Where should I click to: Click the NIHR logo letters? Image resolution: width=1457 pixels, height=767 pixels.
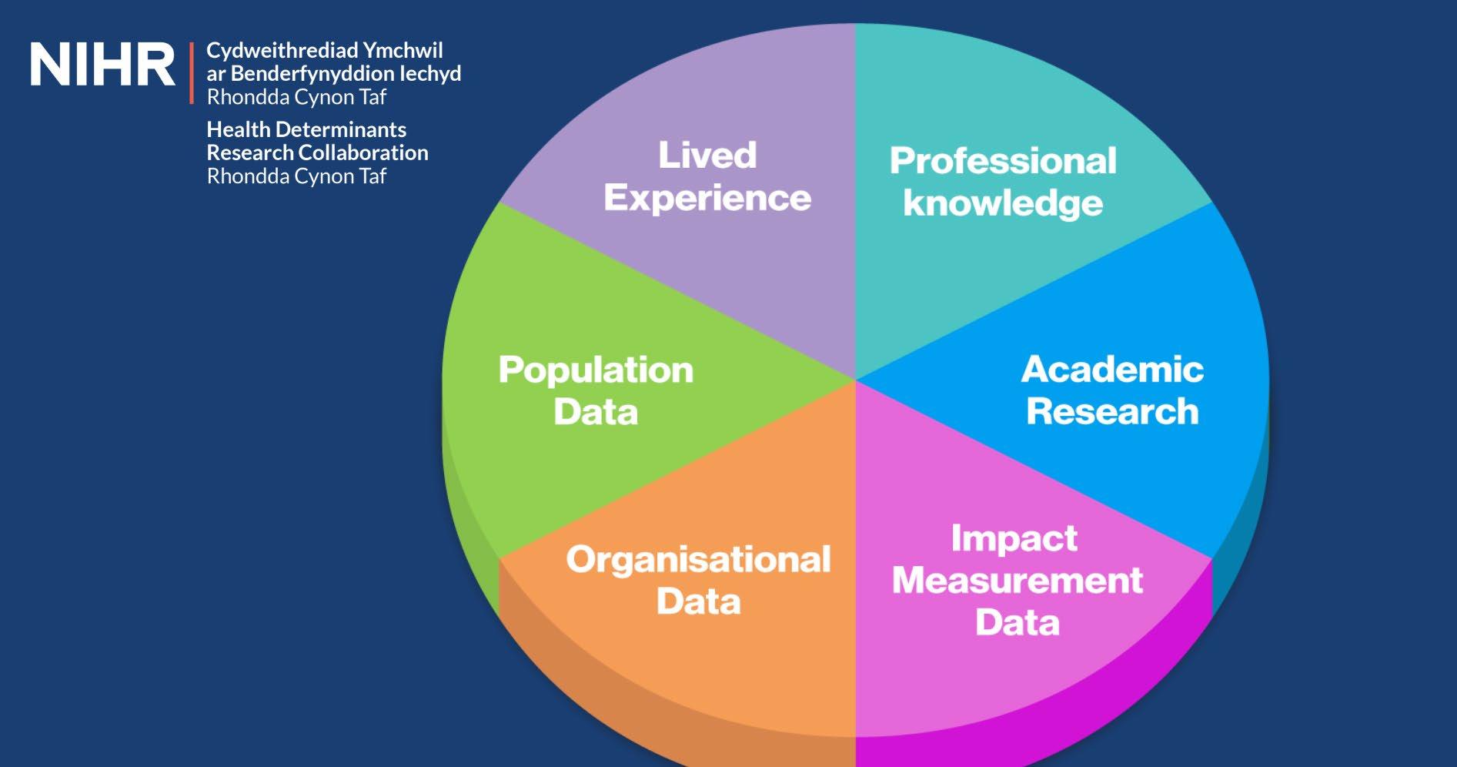(x=102, y=65)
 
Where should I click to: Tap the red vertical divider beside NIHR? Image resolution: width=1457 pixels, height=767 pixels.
(x=192, y=73)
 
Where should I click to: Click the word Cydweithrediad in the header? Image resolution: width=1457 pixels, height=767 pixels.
(x=282, y=51)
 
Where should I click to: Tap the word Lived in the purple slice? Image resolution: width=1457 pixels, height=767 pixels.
(x=707, y=155)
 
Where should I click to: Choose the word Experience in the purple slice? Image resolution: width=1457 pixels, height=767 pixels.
(x=707, y=198)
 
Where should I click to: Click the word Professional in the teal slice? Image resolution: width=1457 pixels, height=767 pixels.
(x=1003, y=161)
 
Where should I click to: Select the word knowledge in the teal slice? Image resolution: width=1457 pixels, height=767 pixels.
(x=1003, y=203)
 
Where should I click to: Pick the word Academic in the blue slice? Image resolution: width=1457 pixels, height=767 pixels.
(x=1112, y=370)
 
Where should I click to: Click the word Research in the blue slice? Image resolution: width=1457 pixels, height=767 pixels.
(x=1112, y=411)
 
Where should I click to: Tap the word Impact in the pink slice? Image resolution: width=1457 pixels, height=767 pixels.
(x=1014, y=538)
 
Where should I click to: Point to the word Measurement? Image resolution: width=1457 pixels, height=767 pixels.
(x=1018, y=580)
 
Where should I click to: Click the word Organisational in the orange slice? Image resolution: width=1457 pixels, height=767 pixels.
(x=698, y=560)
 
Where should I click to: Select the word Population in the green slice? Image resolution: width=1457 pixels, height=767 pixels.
(x=596, y=370)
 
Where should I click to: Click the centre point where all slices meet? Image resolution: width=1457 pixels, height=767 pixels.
(x=855, y=380)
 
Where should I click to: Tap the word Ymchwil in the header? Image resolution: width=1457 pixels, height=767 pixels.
(x=403, y=51)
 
